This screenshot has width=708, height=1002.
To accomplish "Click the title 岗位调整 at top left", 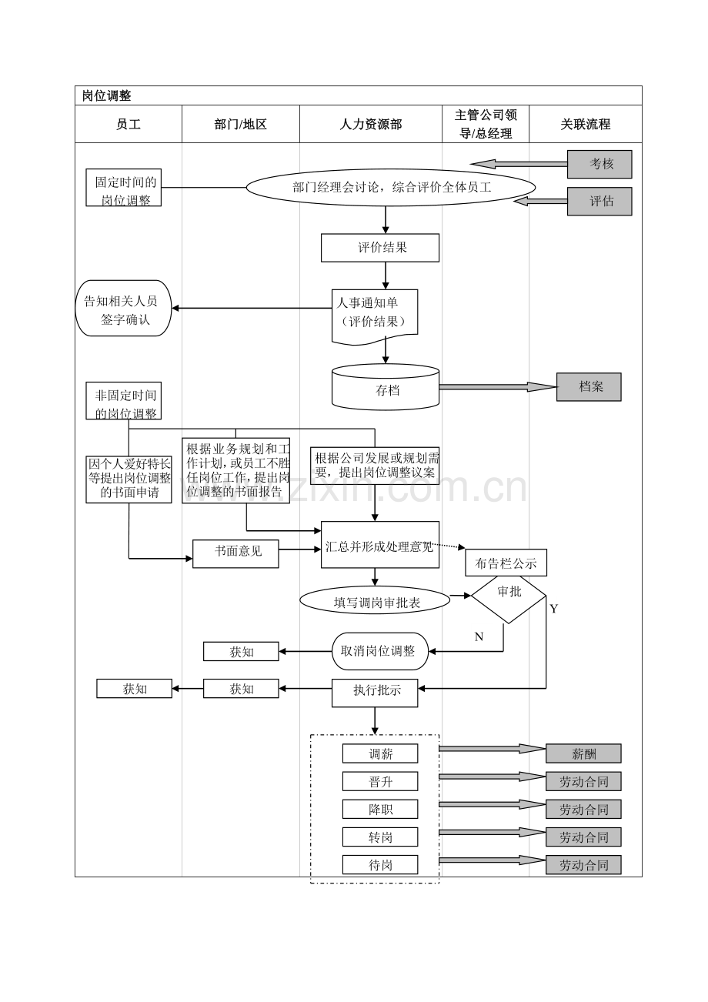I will pyautogui.click(x=107, y=96).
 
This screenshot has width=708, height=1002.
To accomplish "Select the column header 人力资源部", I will pyautogui.click(x=371, y=124).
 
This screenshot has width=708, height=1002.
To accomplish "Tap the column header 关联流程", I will pyautogui.click(x=585, y=124).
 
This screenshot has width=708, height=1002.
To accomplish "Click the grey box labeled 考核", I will pyautogui.click(x=599, y=164).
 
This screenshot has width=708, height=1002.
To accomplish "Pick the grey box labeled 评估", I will pyautogui.click(x=599, y=201).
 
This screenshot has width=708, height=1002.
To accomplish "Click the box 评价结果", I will pyautogui.click(x=380, y=248).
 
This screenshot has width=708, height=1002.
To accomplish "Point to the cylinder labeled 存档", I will pyautogui.click(x=386, y=389).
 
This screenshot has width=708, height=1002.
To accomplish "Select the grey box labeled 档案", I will pyautogui.click(x=589, y=387).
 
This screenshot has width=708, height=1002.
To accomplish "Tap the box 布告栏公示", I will pyautogui.click(x=506, y=563).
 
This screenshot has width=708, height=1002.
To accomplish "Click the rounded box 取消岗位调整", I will pyautogui.click(x=380, y=651).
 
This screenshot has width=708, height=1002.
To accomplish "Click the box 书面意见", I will pyautogui.click(x=235, y=553).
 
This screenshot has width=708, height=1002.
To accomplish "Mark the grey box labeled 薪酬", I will pyautogui.click(x=583, y=753).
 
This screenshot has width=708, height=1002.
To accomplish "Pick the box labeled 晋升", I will pyautogui.click(x=380, y=781).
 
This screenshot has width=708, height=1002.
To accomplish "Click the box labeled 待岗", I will pyautogui.click(x=380, y=864).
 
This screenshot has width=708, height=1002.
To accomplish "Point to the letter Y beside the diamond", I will pyautogui.click(x=553, y=609).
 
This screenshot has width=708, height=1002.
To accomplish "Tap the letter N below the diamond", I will pyautogui.click(x=479, y=636).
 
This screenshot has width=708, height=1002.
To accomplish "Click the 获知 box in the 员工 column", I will pyautogui.click(x=134, y=689).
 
